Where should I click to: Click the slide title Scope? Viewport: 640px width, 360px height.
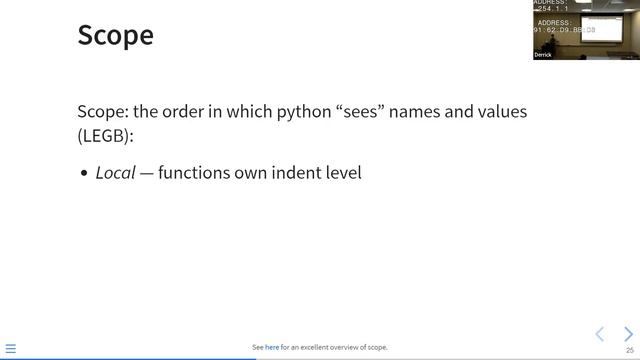coord(115,35)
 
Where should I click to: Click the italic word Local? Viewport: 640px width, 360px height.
coord(115,173)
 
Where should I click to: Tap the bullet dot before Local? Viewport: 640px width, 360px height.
coord(85,174)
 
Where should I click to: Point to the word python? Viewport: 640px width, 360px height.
coord(260,111)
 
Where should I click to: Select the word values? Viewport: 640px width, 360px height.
coord(501,111)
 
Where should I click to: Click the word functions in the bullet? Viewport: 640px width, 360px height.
coord(194,173)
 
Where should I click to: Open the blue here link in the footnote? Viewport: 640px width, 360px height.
coord(272,348)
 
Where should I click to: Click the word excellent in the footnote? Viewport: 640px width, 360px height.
coord(317,348)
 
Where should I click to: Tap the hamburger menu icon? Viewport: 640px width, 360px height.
coord(11,349)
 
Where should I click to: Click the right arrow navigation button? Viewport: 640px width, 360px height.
coord(628,333)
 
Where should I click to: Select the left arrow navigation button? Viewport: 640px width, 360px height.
coord(600,333)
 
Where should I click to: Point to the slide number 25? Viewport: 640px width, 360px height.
coord(630,350)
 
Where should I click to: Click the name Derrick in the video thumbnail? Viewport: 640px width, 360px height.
coord(543,55)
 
